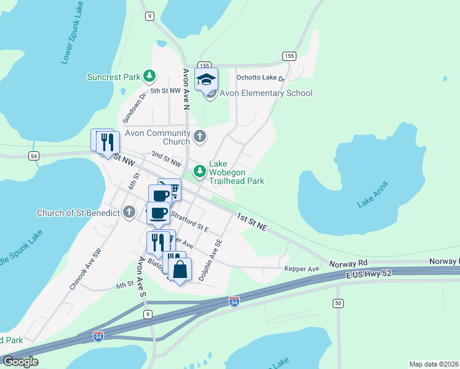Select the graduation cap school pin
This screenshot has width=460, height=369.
(207, 79)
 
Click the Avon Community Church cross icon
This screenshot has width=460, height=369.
(199, 136)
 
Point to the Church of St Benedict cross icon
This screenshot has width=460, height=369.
(129, 213)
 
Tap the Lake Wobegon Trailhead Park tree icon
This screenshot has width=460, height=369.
(199, 170)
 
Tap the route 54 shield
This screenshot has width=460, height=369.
(33, 156)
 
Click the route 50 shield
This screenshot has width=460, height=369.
(338, 303)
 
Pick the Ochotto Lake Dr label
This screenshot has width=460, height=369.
(261, 79)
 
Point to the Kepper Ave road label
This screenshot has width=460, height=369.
(301, 269)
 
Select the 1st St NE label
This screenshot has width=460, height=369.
(252, 222)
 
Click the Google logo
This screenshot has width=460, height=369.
(20, 362)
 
